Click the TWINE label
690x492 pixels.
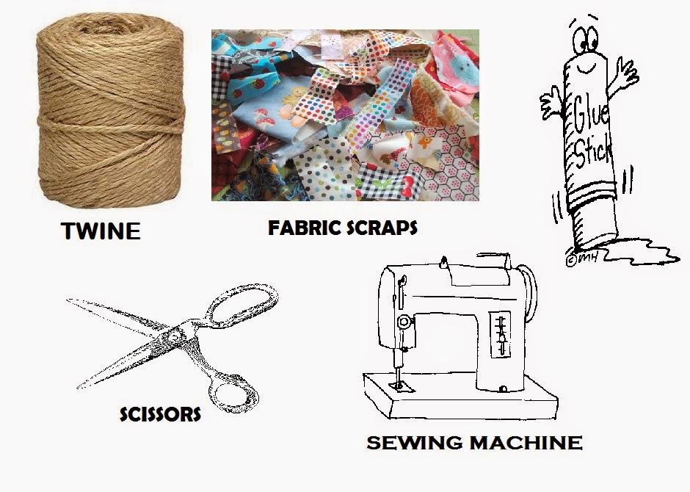[x=101, y=231]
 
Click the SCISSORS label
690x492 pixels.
[x=160, y=414]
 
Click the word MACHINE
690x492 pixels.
[x=526, y=442]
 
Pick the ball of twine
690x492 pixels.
[x=110, y=110]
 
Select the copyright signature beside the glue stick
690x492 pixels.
[x=581, y=259]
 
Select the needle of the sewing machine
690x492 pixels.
[x=399, y=377]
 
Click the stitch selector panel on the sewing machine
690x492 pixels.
[x=501, y=334]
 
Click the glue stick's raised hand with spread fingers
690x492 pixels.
[x=625, y=74]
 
